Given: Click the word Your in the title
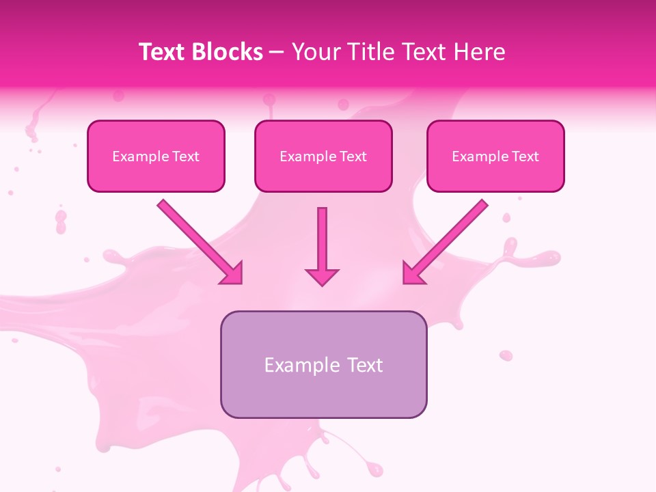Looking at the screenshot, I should [314, 52].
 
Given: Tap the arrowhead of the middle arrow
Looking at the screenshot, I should [322, 275].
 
